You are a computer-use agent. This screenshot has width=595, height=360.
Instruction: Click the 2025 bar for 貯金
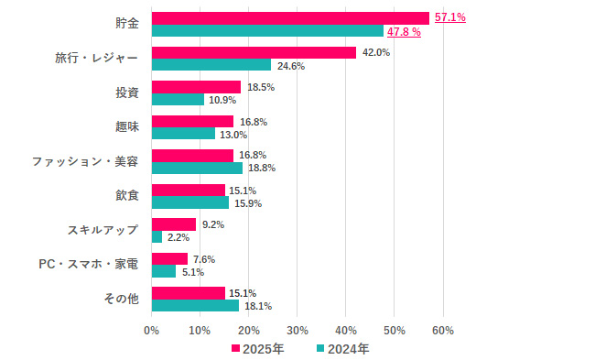(290, 18)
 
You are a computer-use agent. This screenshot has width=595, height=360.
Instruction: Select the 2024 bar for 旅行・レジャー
(211, 65)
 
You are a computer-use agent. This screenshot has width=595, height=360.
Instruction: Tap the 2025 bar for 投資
(196, 87)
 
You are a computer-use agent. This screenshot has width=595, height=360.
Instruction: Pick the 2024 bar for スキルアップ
(157, 237)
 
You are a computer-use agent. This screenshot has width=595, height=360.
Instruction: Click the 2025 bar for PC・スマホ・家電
(169, 259)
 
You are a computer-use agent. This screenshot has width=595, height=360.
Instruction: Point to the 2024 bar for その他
(195, 306)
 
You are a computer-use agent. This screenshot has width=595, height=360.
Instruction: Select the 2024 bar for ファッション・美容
(197, 169)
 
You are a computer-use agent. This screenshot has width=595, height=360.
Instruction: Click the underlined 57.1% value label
(449, 17)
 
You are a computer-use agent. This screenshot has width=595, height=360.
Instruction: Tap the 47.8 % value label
(404, 32)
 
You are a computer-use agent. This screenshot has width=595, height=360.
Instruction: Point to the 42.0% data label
(376, 53)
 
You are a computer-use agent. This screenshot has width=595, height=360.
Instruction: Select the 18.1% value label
(258, 307)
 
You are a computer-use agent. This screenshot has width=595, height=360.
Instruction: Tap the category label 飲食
(126, 195)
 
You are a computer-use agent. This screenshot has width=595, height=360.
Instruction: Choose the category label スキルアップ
(103, 230)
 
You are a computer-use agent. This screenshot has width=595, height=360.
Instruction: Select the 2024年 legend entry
(343, 349)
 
